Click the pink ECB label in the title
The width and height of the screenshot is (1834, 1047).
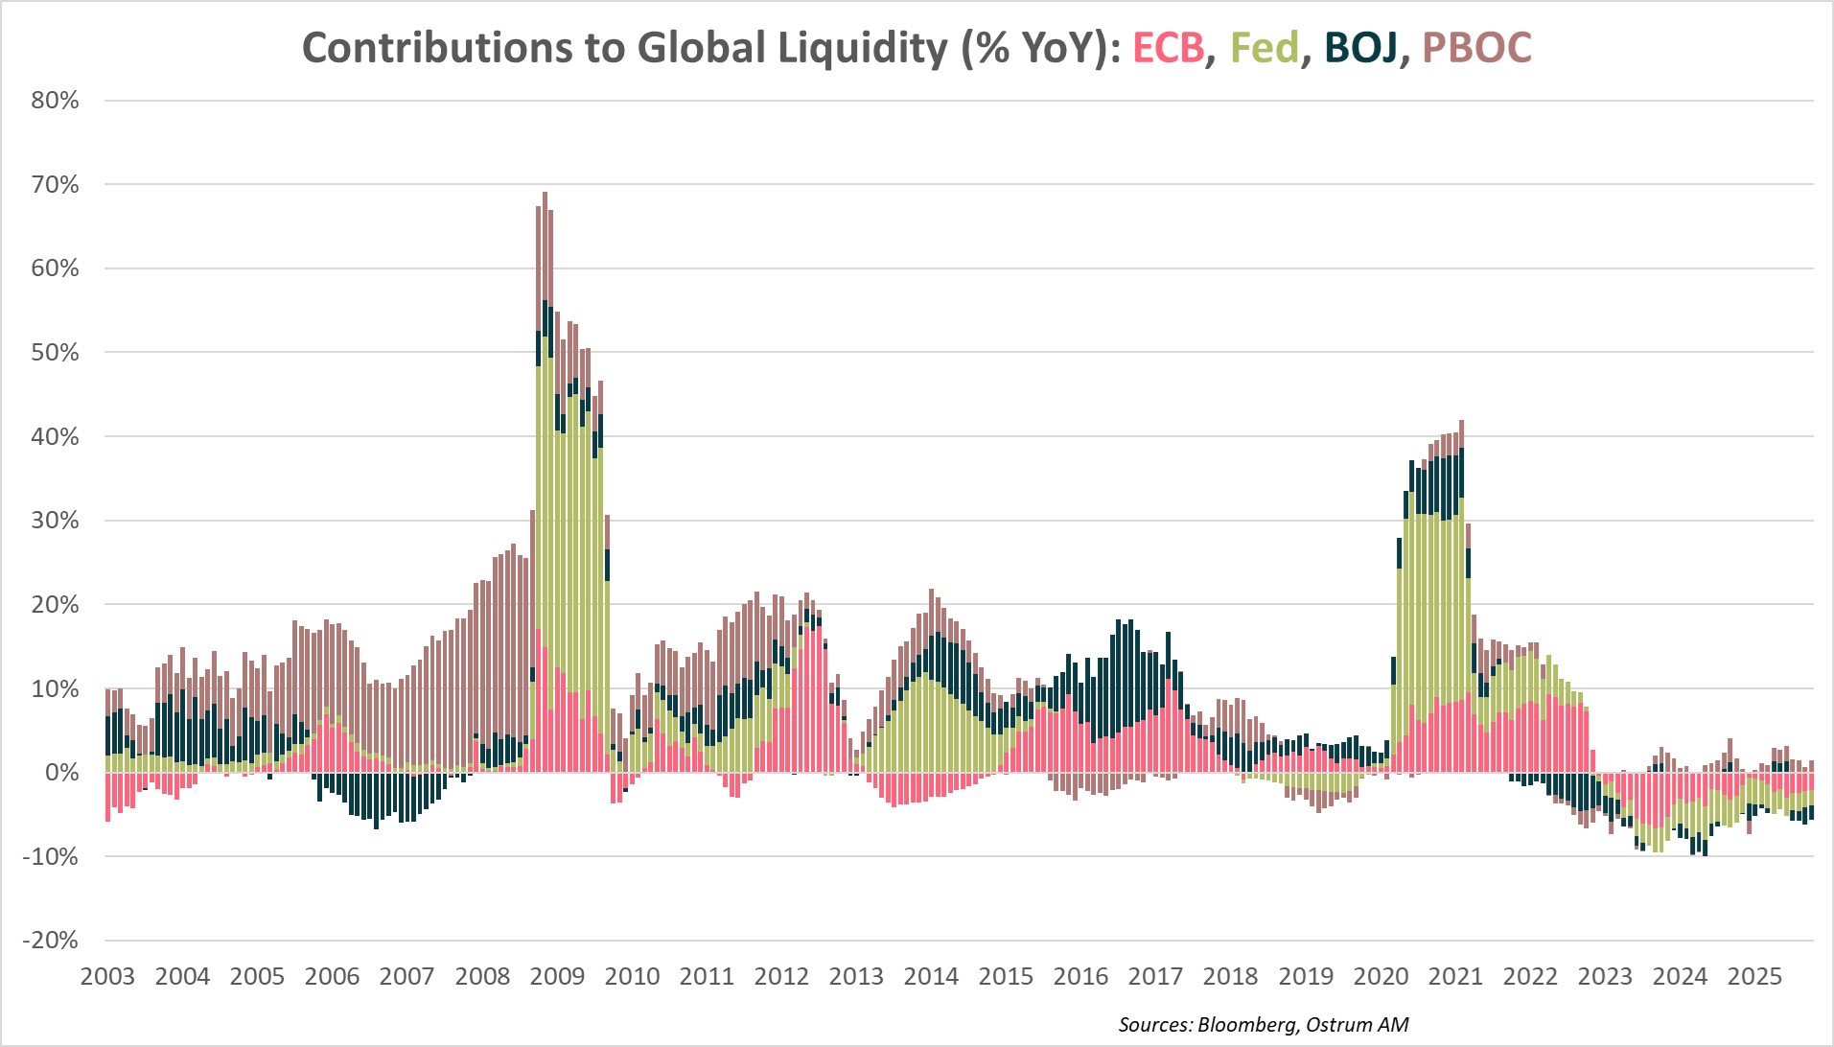coord(1168,47)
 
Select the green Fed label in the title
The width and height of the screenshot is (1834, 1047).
coord(1264,47)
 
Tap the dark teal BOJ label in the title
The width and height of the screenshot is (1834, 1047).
coord(1360,47)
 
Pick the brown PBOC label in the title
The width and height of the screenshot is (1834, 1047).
coord(1476,47)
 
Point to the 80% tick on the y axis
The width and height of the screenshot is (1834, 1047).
coord(55,101)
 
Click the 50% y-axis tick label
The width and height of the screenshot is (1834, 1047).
coord(55,352)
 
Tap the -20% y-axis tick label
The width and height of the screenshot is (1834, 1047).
coord(50,941)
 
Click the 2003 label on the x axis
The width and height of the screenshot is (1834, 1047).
coord(107,977)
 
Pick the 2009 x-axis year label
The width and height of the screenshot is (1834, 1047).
coord(557,977)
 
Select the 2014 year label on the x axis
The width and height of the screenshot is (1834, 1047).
coord(931,977)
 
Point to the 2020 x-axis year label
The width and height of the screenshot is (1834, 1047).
coord(1381,977)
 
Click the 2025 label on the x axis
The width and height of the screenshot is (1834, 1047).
coord(1754,977)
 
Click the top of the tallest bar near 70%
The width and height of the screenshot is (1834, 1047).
coord(545,195)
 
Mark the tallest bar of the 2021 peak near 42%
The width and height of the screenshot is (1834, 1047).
coord(1461,423)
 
